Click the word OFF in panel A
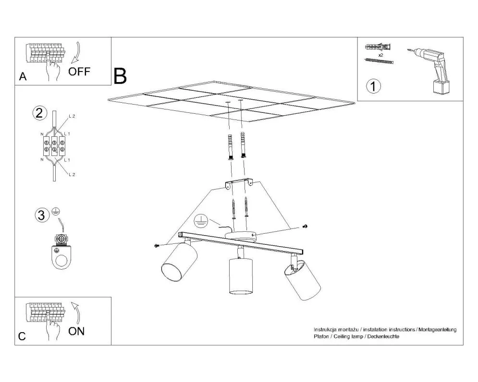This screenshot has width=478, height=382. tap(79, 72)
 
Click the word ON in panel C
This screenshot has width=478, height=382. tap(76, 331)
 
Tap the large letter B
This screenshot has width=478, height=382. tap(120, 75)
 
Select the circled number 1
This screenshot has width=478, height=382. tap(373, 87)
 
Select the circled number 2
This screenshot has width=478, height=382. tap(39, 113)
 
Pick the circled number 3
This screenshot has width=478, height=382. tap(42, 215)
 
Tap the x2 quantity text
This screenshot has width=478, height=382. tap(380, 55)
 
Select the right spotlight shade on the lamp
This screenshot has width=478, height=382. tap(302, 282)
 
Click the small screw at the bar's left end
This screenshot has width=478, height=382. tap(157, 245)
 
